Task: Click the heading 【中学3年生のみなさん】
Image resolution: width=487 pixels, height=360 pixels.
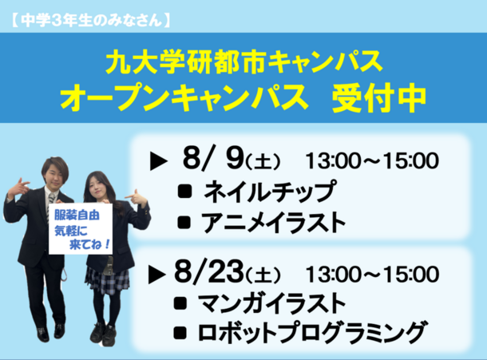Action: pos(90,21)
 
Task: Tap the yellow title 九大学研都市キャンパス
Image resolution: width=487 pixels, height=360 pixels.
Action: pos(244,61)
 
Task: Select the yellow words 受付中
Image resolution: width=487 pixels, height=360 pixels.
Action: pos(379,98)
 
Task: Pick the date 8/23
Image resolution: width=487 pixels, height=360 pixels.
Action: pos(208,271)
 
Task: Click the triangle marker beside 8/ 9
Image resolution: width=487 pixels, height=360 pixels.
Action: pos(158,161)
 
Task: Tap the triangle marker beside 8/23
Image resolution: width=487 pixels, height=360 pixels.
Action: pos(156,274)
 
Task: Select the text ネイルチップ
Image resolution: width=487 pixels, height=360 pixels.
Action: pos(270,191)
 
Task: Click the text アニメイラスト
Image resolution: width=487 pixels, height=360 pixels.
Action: pos(273,223)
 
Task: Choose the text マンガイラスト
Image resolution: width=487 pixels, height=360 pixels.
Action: pos(272,303)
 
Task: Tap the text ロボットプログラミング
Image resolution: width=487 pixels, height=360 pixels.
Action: pos(311,332)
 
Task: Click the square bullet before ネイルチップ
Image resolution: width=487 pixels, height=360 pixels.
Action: pos(184,191)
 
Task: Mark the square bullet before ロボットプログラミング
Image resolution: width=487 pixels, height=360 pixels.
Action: pos(180,332)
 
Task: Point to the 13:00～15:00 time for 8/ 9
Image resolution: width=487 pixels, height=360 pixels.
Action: pos(372,160)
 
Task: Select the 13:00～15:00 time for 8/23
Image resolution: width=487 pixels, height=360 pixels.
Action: pos(372,274)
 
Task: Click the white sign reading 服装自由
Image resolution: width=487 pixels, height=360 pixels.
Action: pos(81,229)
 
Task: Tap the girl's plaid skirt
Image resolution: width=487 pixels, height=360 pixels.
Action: pos(107,280)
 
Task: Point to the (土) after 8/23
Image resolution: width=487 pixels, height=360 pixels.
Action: pos(263,275)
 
